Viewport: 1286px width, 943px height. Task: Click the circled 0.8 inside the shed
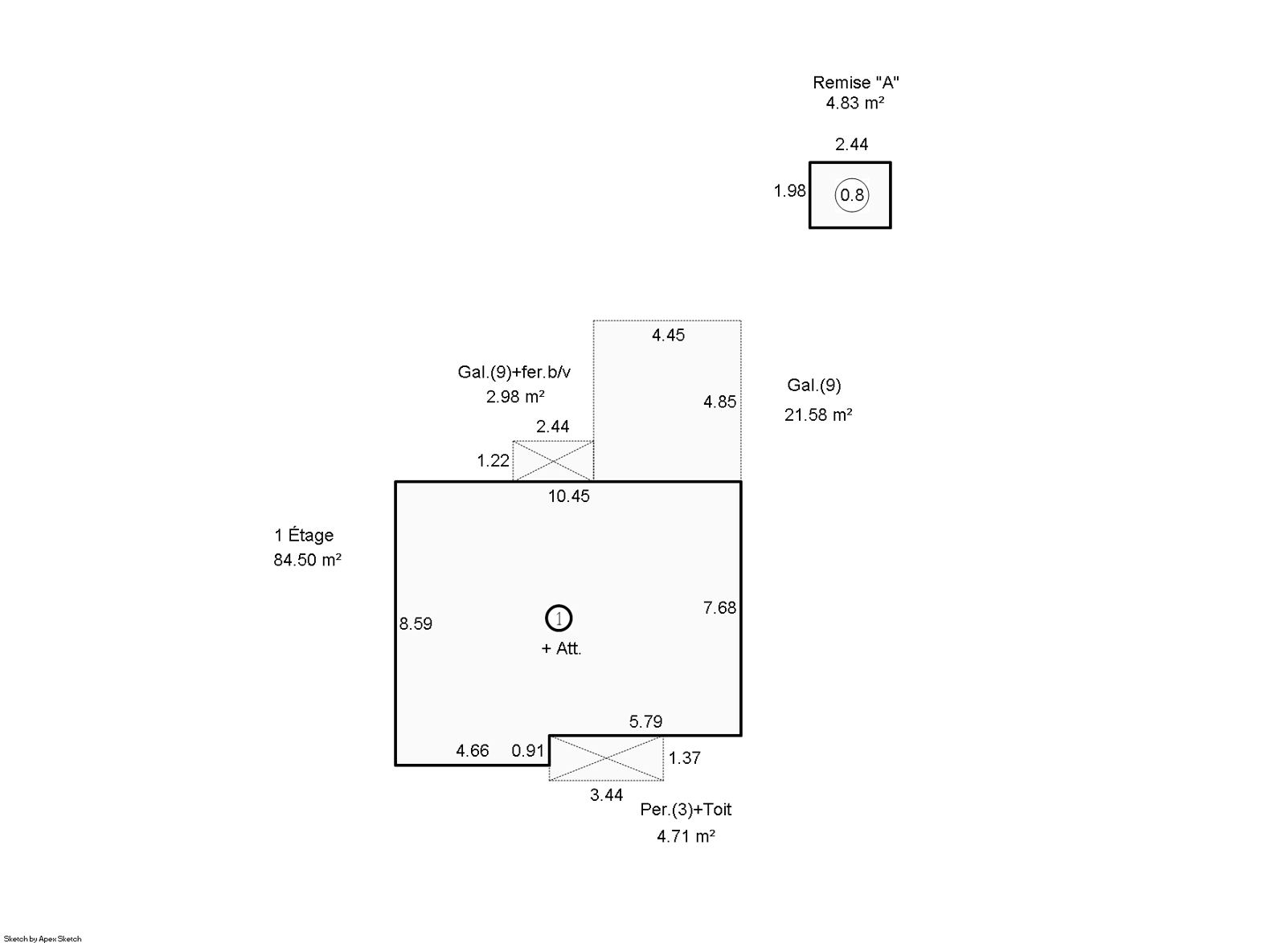click(x=852, y=195)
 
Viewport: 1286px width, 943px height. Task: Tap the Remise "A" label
click(x=855, y=83)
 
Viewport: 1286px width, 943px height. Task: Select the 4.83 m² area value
click(x=855, y=104)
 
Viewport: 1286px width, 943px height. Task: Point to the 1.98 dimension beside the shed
click(x=790, y=190)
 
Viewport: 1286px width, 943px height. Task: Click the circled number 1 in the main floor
click(x=559, y=618)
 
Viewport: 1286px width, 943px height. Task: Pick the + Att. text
click(x=562, y=649)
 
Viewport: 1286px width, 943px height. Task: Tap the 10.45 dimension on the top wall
click(x=568, y=496)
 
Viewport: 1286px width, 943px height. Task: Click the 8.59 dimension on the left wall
click(x=416, y=623)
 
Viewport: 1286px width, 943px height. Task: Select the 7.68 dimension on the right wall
click(x=719, y=607)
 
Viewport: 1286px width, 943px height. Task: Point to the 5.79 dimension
click(x=645, y=721)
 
